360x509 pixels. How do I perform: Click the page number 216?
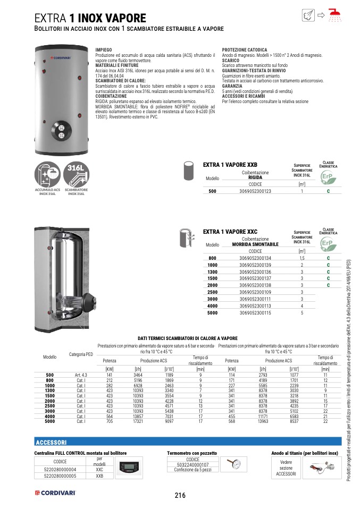coord(180,495)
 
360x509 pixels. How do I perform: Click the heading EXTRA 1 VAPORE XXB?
coord(230,165)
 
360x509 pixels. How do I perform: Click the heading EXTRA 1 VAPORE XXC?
coord(230,232)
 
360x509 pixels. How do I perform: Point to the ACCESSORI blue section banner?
coord(51,442)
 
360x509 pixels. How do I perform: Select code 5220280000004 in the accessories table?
coord(60,469)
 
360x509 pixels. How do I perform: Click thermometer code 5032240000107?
coord(192,464)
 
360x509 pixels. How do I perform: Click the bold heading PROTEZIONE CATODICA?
coord(244,49)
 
